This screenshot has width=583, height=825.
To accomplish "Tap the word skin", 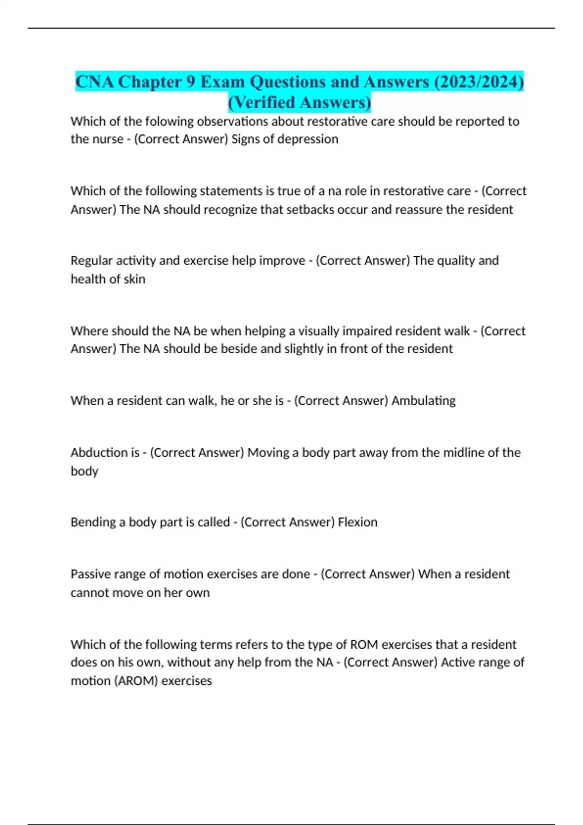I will coord(134,279).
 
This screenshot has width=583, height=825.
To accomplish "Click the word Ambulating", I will coord(423,401).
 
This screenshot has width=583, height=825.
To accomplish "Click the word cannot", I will coord(90,593).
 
